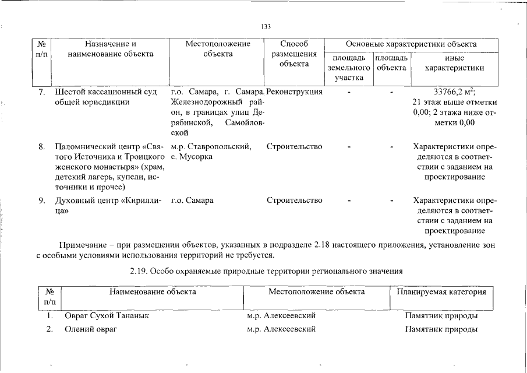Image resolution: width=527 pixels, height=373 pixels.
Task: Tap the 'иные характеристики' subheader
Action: click(x=454, y=62)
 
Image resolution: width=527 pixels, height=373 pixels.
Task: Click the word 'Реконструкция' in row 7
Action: click(x=295, y=92)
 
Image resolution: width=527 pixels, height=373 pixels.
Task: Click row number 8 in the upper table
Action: click(x=42, y=146)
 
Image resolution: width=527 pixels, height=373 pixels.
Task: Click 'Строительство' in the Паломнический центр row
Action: click(x=295, y=146)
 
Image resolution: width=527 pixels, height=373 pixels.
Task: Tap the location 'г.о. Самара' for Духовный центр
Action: click(x=192, y=200)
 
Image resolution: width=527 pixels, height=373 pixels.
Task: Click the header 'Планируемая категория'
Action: click(x=441, y=291)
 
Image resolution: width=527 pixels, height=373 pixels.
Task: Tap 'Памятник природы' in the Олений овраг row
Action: click(x=441, y=329)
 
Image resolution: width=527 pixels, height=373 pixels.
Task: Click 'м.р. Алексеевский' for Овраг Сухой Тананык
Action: click(x=281, y=316)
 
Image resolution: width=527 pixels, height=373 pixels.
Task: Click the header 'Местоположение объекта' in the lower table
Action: click(x=316, y=291)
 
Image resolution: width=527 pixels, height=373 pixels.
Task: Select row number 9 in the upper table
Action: click(x=42, y=200)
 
